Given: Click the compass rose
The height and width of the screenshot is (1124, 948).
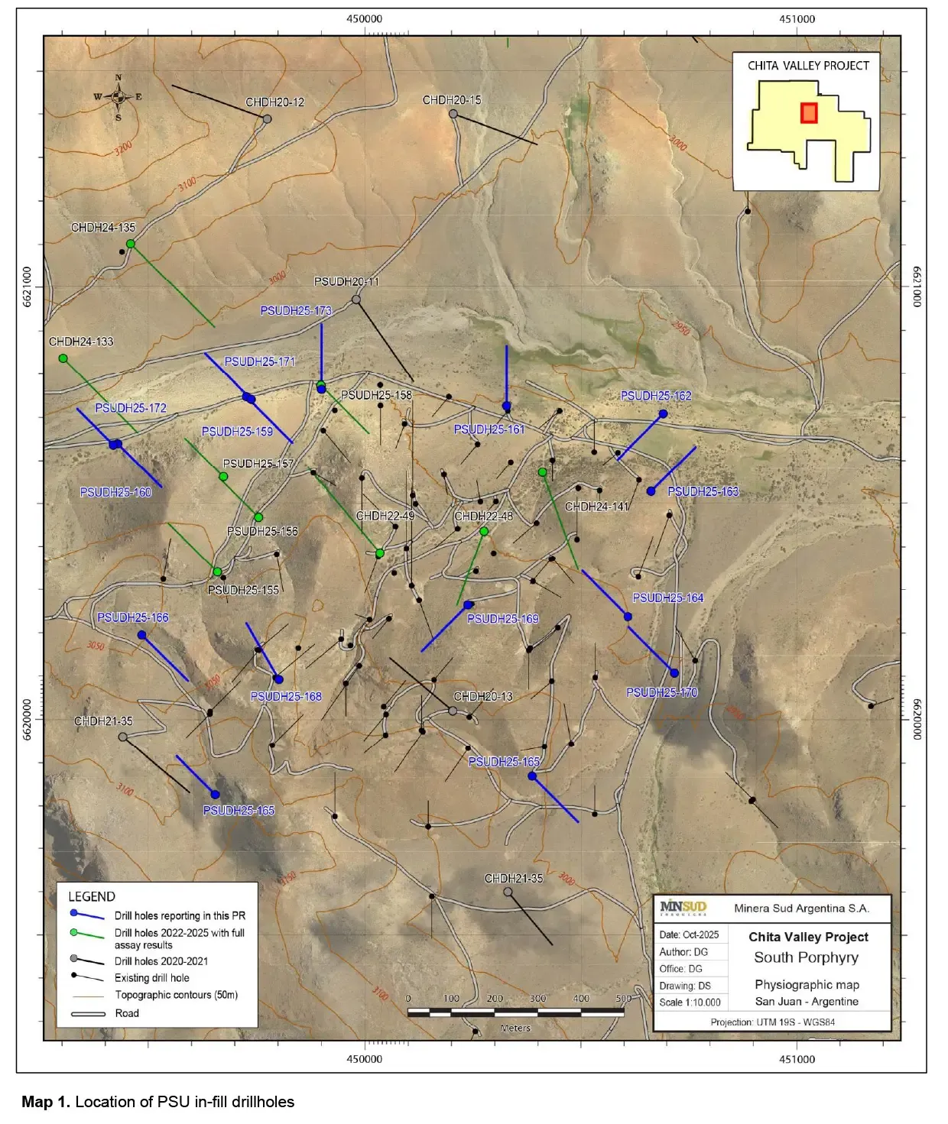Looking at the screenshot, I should tap(118, 97).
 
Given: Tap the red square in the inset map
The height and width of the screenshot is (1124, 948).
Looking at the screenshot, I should tap(809, 113).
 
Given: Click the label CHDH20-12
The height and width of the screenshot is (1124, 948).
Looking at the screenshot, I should tap(274, 102).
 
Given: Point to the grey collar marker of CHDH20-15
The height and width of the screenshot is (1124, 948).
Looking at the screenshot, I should tap(453, 114).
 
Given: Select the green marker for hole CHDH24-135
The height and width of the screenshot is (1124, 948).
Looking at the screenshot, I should tap(131, 244).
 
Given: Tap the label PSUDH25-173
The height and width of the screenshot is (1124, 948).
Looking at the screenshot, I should tap(296, 311).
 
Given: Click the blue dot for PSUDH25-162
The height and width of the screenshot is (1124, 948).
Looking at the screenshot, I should tap(663, 414).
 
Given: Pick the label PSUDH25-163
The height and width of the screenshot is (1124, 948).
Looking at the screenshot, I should tap(703, 491).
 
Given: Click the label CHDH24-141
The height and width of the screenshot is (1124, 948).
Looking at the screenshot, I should tap(596, 507).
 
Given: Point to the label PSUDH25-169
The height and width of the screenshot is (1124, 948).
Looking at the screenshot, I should tap(503, 619).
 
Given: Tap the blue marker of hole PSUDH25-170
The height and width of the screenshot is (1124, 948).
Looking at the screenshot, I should tap(674, 673).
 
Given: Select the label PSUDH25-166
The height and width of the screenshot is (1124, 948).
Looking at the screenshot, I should tap(133, 617).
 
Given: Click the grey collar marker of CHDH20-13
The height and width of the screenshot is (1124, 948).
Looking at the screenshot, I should tap(453, 711).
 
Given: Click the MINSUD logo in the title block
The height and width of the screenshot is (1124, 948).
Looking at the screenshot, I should tap(683, 908).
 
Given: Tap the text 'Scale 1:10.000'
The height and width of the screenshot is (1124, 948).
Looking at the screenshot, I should tap(690, 1003).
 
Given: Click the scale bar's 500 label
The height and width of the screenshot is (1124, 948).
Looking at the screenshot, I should tap(624, 998).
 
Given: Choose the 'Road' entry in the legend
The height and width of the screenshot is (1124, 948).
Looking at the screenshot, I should tap(127, 1013).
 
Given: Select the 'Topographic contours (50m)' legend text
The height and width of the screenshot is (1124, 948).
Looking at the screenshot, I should tap(177, 995).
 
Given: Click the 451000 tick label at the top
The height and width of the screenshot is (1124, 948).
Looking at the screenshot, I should tap(797, 19).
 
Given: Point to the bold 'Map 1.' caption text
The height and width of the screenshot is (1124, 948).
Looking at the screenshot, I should tap(46, 1102).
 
